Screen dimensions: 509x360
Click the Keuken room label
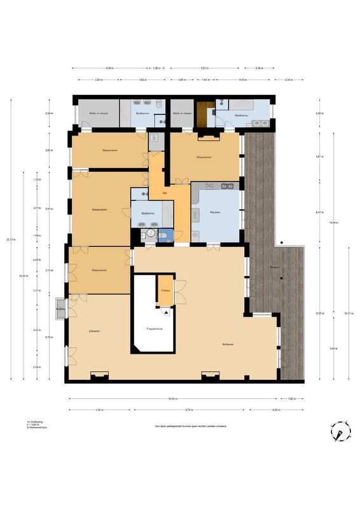[x=216, y=213]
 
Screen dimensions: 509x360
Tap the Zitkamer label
[x=95, y=331]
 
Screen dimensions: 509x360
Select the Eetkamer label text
[x=230, y=344]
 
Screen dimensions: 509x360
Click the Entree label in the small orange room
[x=165, y=290]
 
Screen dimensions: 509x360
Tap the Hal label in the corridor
[x=165, y=193]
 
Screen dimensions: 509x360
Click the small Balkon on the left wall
[x=61, y=309]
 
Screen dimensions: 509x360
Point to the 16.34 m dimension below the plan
[x=172, y=399]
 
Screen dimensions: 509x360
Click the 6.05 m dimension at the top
[x=109, y=67]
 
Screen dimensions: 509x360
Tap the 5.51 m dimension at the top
[x=203, y=67]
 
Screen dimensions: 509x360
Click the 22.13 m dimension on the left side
[x=8, y=239]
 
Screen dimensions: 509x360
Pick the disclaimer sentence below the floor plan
[x=190, y=426]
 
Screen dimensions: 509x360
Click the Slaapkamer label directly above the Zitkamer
[x=99, y=270]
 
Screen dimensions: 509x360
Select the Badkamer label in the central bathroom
[x=148, y=213]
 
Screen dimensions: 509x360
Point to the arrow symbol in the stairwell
[x=166, y=312]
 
